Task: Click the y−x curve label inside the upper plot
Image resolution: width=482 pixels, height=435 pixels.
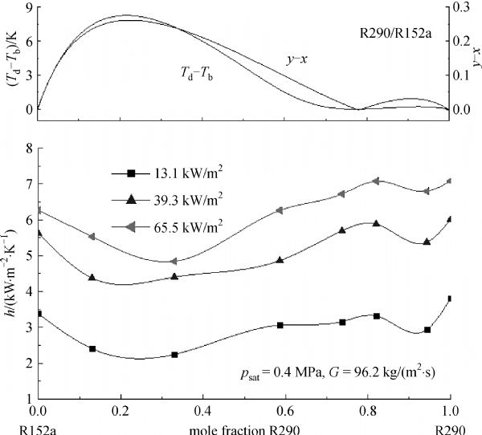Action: point(299,59)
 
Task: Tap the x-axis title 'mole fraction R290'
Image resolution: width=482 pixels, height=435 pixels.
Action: point(245,429)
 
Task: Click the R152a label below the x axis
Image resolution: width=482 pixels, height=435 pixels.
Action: point(21,429)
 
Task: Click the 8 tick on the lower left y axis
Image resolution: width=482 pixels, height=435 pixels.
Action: point(28,148)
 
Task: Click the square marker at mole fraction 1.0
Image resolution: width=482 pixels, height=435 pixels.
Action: point(450,299)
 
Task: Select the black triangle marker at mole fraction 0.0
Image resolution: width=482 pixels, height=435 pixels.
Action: point(39,233)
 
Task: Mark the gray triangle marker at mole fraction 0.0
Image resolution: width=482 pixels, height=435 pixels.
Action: point(39,211)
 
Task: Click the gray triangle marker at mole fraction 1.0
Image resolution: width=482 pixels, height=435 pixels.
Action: point(450,181)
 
